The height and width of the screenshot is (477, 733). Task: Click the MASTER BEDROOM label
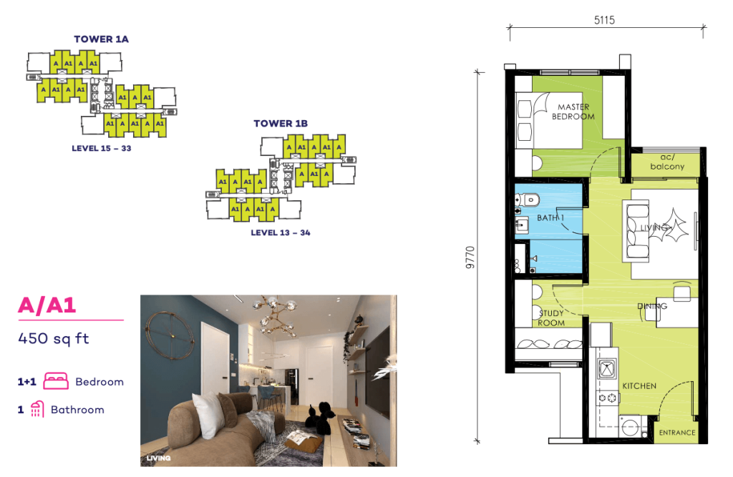pyautogui.click(x=573, y=112)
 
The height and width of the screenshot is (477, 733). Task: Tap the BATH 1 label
pyautogui.click(x=551, y=217)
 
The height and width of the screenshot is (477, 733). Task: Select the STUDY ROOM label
pyautogui.click(x=550, y=318)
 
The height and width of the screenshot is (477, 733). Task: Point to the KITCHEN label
pyautogui.click(x=639, y=386)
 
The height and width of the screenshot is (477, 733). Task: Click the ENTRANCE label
pyautogui.click(x=676, y=432)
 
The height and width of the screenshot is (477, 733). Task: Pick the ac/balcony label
pyautogui.click(x=666, y=162)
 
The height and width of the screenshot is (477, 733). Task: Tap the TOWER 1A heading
pyautogui.click(x=101, y=39)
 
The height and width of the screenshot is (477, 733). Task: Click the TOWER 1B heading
pyautogui.click(x=281, y=124)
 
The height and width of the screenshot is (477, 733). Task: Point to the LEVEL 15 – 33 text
pyautogui.click(x=102, y=149)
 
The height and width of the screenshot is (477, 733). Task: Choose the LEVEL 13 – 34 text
pyautogui.click(x=281, y=232)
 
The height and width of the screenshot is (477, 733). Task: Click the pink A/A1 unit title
pyautogui.click(x=47, y=306)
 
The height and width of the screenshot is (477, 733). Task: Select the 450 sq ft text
pyautogui.click(x=54, y=338)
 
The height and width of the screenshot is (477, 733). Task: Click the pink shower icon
pyautogui.click(x=38, y=410)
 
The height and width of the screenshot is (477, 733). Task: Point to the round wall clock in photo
pyautogui.click(x=170, y=335)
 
